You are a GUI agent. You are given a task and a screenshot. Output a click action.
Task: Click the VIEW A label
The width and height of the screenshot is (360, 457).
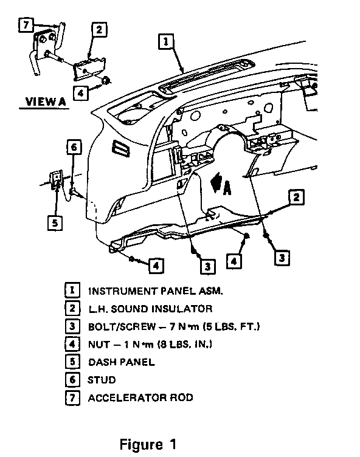coord(46,101)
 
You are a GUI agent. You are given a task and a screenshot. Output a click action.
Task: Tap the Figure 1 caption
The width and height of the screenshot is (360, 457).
coord(148,444)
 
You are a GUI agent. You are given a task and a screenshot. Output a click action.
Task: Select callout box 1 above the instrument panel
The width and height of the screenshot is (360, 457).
coord(166,41)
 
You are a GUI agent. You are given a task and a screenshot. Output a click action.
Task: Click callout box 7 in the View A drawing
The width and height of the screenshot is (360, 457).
coord(26,25)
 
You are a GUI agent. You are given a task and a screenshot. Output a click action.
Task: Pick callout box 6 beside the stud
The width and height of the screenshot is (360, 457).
coord(74,147)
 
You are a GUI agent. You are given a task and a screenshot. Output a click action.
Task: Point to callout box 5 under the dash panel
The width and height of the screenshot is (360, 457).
coord(55,223)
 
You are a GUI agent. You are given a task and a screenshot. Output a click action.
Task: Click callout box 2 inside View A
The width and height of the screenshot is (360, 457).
coord(99,29)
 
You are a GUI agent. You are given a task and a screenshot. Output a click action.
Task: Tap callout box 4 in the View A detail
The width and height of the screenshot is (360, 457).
coord(80,93)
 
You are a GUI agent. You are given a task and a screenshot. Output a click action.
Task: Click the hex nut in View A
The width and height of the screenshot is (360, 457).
coord(106,80)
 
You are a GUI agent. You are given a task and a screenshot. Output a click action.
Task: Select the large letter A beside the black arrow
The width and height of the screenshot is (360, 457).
coord(227,188)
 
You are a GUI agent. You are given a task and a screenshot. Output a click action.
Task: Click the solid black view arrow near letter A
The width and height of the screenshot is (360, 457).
coord(216,182)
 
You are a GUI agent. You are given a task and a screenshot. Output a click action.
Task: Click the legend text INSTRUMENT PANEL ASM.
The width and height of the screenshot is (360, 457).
coord(156,291)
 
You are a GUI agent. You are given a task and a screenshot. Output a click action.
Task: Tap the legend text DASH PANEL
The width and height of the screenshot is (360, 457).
coord(122,362)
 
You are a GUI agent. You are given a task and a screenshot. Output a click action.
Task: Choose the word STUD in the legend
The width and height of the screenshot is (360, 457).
coord(102,380)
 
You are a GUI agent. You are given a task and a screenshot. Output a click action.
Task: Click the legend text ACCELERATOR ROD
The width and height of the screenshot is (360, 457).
coord(140,398)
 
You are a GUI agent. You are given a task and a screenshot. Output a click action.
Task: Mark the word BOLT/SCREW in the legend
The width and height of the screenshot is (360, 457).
coord(122,327)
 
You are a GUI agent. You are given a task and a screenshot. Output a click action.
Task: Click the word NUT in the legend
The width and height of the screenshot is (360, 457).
coord(99,345)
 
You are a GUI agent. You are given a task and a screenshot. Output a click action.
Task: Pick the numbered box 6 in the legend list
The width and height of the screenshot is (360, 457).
coord(72,380)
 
